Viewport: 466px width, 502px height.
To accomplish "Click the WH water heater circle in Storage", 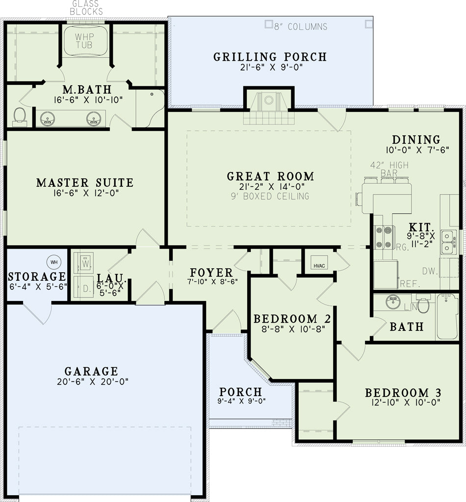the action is (x=54, y=262).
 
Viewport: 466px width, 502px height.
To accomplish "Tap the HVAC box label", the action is (x=319, y=266).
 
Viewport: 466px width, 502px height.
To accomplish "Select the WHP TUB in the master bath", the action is (x=84, y=41).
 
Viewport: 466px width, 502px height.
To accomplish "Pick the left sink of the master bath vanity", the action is (x=48, y=119).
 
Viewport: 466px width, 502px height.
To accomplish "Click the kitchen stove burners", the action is (x=384, y=237).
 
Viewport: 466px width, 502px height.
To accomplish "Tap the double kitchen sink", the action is (x=447, y=242).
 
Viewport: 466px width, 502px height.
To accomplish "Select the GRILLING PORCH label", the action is (x=270, y=57).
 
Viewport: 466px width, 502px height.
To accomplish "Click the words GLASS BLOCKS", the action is (x=86, y=8).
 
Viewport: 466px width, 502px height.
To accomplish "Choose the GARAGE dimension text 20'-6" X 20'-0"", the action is (x=93, y=381).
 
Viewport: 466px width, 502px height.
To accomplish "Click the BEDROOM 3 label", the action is (x=403, y=393).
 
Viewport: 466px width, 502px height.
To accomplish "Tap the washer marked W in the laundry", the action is (x=84, y=263).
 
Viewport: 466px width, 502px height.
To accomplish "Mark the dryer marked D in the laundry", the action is (x=84, y=288).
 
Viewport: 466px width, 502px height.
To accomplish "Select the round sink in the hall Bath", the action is (x=393, y=302).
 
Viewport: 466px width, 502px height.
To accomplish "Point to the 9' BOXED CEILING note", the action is (x=270, y=196).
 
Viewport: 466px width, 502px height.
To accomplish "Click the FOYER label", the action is (x=211, y=273).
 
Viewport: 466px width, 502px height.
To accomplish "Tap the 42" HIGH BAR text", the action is (x=389, y=169).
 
